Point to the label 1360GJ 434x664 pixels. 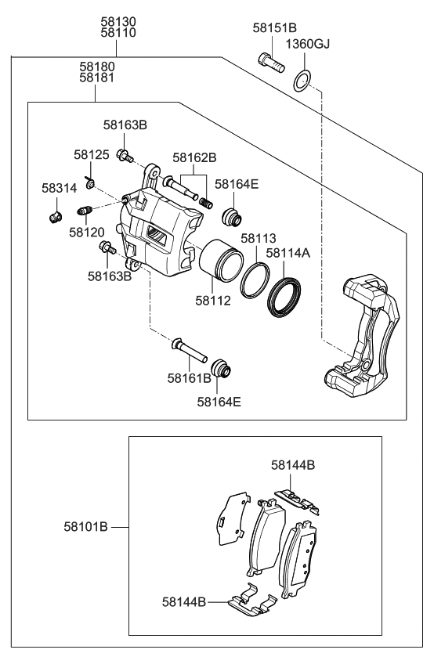(x=307, y=44)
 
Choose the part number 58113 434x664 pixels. (x=258, y=238)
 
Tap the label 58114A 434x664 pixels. (x=288, y=253)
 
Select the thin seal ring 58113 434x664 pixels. (x=255, y=282)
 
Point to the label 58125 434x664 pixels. (x=92, y=155)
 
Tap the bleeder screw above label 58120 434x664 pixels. (x=86, y=210)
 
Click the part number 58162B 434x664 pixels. (x=194, y=157)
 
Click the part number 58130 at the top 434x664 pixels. (x=118, y=21)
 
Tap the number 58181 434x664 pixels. (x=96, y=79)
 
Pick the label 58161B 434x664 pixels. (x=189, y=378)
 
